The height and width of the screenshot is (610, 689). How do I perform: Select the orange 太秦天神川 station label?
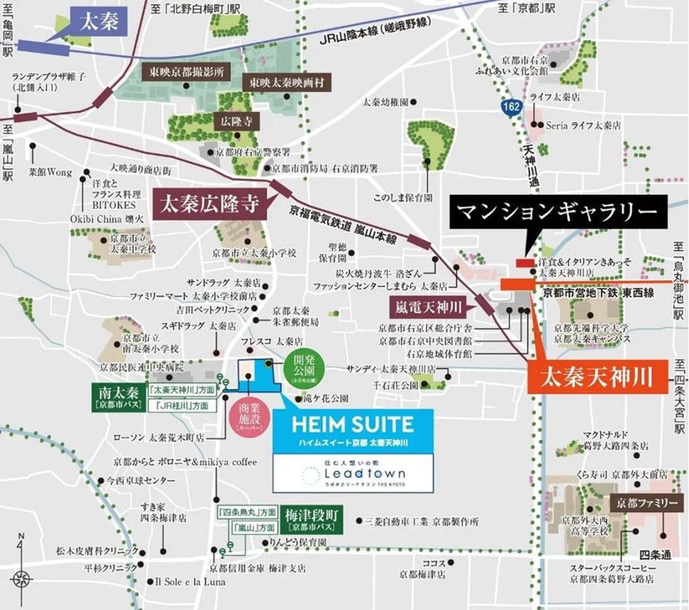tap(588, 378)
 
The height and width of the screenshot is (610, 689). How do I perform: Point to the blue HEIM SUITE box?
tap(352, 431)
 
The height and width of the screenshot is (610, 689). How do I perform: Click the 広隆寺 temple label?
tap(233, 121)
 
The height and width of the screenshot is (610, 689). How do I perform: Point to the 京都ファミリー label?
tap(648, 503)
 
